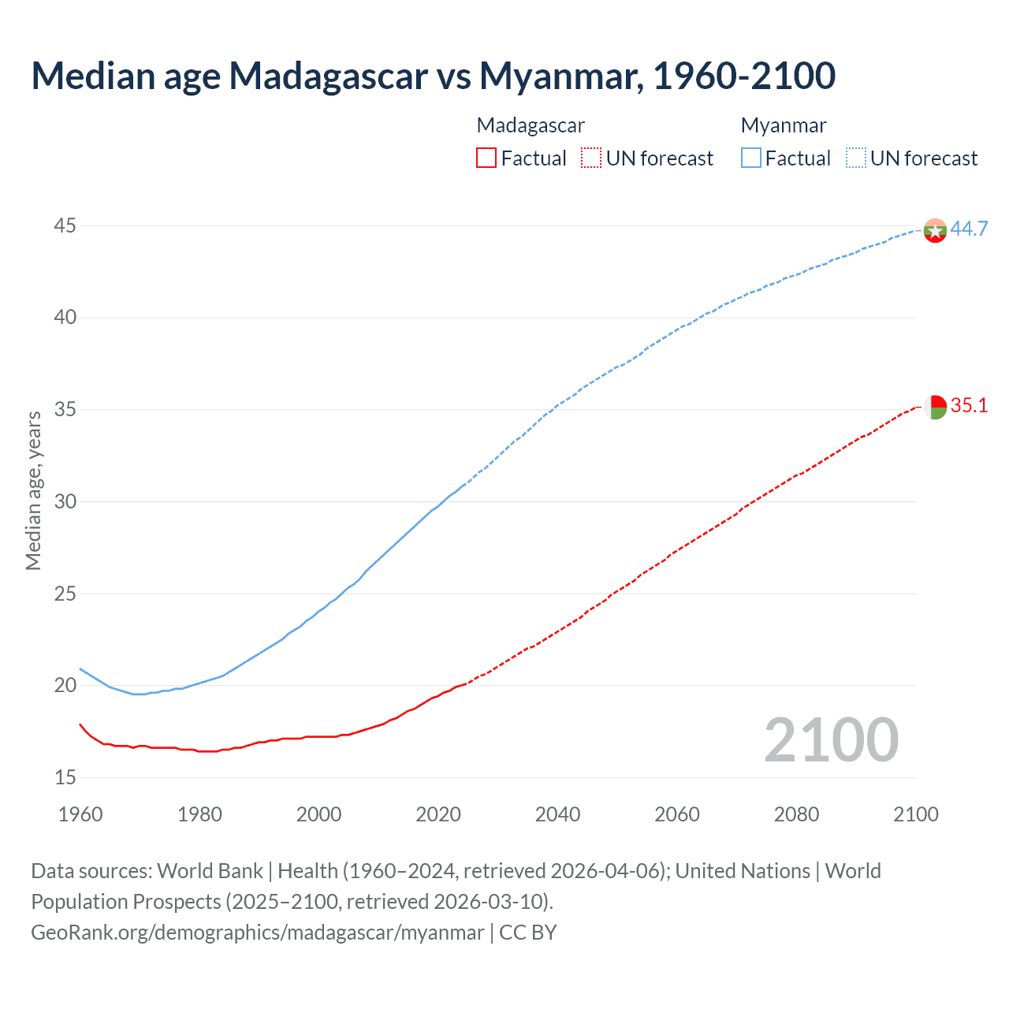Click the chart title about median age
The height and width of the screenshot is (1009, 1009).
(x=433, y=76)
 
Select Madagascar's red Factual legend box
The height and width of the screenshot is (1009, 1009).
(x=486, y=158)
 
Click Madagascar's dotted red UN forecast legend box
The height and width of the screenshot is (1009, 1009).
(x=591, y=158)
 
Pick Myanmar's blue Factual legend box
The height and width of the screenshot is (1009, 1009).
(x=751, y=158)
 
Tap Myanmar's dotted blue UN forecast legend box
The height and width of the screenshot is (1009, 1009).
(x=856, y=158)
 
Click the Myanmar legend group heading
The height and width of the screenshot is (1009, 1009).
(x=784, y=125)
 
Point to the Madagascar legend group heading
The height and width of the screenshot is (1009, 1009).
(x=531, y=125)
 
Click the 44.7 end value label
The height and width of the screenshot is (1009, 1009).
(x=969, y=229)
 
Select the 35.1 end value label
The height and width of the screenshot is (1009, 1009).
(x=969, y=406)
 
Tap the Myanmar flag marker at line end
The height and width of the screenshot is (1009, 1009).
(x=935, y=230)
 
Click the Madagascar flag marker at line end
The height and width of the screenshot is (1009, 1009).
(x=935, y=408)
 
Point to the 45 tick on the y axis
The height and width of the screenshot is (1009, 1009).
(x=65, y=226)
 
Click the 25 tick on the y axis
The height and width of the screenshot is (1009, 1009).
(x=65, y=594)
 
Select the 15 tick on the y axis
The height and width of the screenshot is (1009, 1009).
(x=65, y=778)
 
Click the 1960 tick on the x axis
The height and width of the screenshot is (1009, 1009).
(x=80, y=814)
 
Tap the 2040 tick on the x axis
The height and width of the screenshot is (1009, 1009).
(x=557, y=814)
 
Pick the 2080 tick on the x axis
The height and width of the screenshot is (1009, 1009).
(x=796, y=814)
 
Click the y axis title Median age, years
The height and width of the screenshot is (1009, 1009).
(x=33, y=490)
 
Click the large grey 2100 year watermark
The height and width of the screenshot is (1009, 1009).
(x=831, y=739)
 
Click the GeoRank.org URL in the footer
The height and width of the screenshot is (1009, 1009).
(x=257, y=933)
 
